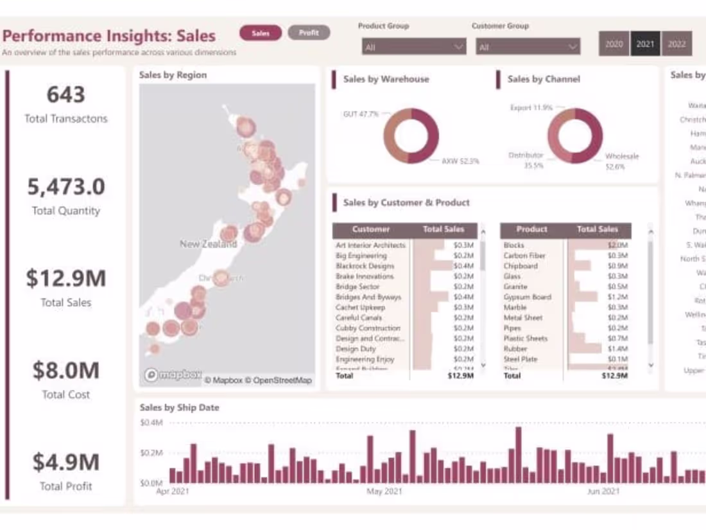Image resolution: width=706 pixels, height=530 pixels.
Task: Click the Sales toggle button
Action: pyautogui.click(x=261, y=33)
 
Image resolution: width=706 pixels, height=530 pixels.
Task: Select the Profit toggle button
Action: pyautogui.click(x=309, y=33)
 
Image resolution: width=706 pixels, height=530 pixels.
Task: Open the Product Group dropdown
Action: pyautogui.click(x=413, y=47)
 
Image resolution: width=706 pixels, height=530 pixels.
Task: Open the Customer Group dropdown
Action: pyautogui.click(x=528, y=47)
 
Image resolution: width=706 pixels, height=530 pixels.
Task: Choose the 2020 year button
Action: pyautogui.click(x=614, y=44)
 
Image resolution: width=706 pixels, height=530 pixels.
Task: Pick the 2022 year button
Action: pyautogui.click(x=676, y=44)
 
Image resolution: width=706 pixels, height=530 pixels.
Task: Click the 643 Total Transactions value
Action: pyautogui.click(x=65, y=95)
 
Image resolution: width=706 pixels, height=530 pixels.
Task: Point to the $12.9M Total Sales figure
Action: pyautogui.click(x=65, y=279)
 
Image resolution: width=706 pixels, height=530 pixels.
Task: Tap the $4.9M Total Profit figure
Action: pyautogui.click(x=65, y=463)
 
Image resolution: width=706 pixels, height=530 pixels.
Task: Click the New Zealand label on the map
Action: pyautogui.click(x=208, y=244)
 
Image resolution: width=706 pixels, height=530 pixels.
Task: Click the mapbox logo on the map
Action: pyautogui.click(x=173, y=375)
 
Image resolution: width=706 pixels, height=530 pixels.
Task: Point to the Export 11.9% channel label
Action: pyautogui.click(x=531, y=108)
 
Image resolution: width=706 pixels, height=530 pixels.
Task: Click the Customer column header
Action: pyautogui.click(x=371, y=229)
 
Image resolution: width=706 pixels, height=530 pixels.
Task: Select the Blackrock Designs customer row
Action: pyautogui.click(x=365, y=266)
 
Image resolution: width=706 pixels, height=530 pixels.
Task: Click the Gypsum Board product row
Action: pyautogui.click(x=527, y=297)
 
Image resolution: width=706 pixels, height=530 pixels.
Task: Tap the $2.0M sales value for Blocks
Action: pyautogui.click(x=617, y=245)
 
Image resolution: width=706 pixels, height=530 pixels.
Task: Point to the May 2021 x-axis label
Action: pyautogui.click(x=384, y=492)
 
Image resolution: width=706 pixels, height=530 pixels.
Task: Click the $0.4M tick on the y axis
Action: pyautogui.click(x=151, y=423)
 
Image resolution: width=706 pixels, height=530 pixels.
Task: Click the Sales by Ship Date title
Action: pyautogui.click(x=179, y=407)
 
